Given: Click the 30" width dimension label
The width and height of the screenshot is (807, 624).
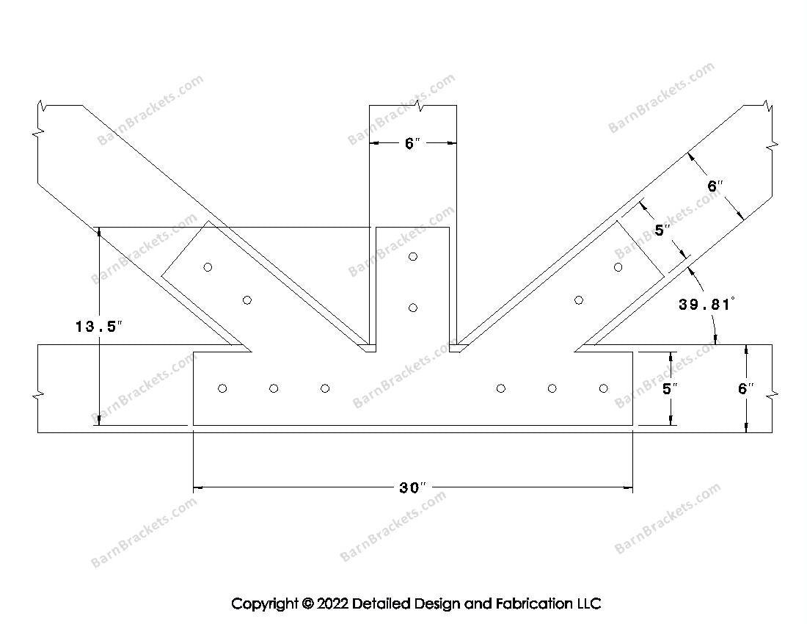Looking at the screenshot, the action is click(x=413, y=487).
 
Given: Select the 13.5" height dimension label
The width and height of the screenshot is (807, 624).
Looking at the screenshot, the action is click(x=99, y=327).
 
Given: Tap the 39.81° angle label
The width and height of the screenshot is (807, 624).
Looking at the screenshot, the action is click(x=706, y=305).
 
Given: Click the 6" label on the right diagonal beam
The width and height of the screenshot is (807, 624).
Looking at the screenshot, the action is click(x=715, y=186).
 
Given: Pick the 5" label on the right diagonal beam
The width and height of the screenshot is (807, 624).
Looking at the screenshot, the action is click(x=662, y=230).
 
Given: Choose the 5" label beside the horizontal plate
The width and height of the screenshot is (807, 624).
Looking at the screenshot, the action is click(x=670, y=388).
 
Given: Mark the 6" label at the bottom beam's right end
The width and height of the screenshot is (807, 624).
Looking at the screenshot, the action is click(x=745, y=388).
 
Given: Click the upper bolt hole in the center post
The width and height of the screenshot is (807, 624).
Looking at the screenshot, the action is click(x=413, y=256).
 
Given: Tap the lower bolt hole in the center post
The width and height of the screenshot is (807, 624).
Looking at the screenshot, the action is click(x=413, y=308).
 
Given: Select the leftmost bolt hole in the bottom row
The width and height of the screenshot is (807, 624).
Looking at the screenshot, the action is click(x=222, y=388).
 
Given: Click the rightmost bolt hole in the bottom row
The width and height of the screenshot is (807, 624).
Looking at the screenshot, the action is click(x=603, y=388).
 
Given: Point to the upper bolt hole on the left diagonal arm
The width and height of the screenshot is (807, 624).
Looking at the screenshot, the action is click(x=208, y=267).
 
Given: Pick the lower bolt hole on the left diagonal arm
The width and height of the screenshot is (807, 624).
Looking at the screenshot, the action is click(x=247, y=300).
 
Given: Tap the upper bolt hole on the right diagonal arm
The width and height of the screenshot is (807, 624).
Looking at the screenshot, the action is click(x=618, y=267).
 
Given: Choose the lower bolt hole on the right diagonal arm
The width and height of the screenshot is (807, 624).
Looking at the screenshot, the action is click(x=579, y=300).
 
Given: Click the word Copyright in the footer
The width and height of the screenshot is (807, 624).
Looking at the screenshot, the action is click(x=265, y=604).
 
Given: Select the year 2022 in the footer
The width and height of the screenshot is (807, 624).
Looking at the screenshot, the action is click(x=332, y=603).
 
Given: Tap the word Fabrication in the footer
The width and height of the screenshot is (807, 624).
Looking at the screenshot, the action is click(x=533, y=603).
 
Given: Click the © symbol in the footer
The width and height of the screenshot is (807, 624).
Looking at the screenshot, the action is click(x=308, y=603).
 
